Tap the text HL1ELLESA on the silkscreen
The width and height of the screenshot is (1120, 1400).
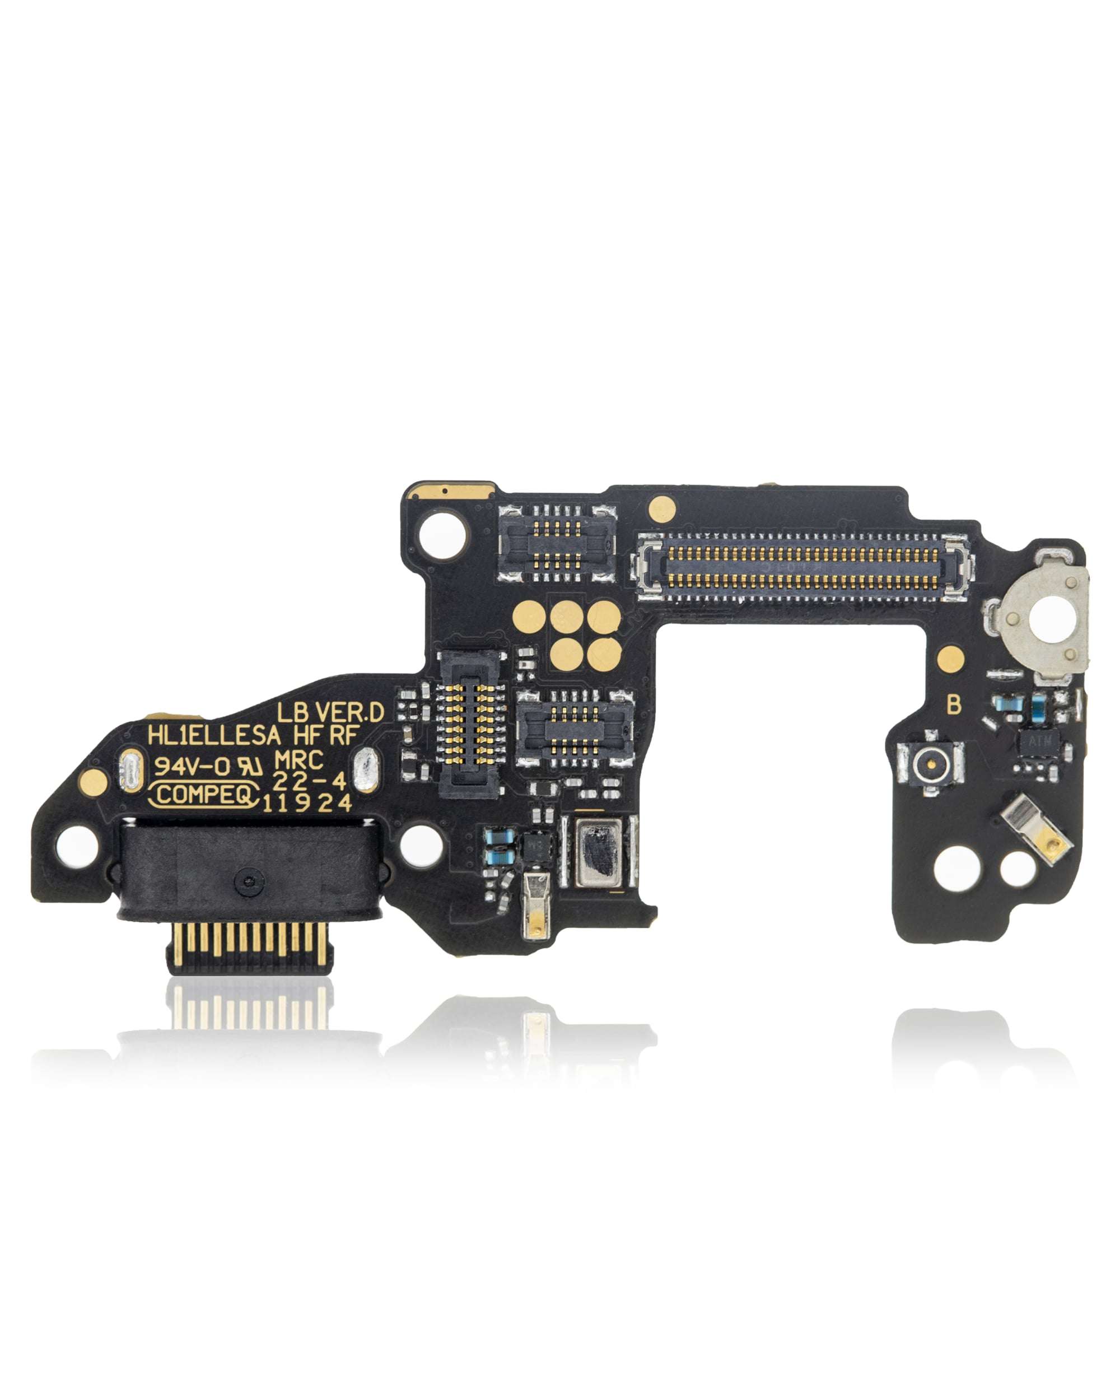pyautogui.click(x=215, y=736)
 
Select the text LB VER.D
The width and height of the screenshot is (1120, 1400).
pyautogui.click(x=330, y=713)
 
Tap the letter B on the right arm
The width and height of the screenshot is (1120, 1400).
pyautogui.click(x=953, y=704)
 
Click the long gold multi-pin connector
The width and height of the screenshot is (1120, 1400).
pyautogui.click(x=799, y=566)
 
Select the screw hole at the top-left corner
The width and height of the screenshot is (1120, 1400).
pyautogui.click(x=445, y=537)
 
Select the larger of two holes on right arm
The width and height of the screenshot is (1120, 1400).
pyautogui.click(x=956, y=867)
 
